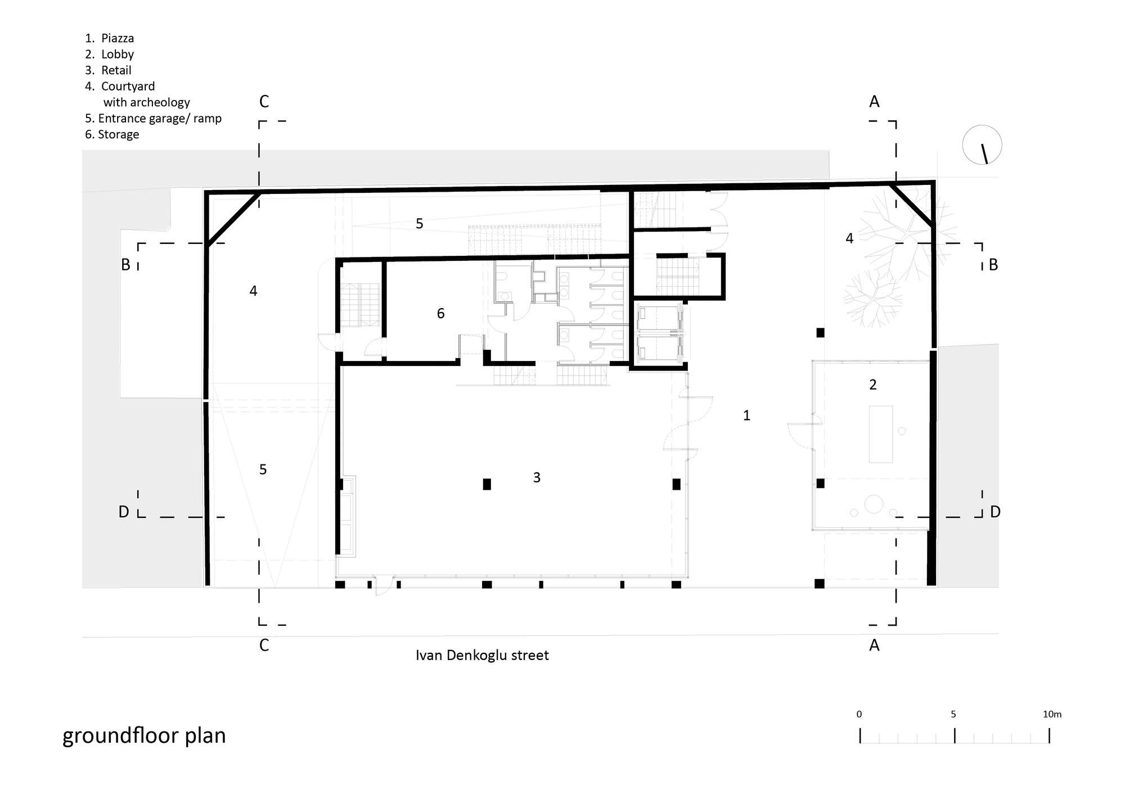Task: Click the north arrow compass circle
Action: pos(982,144)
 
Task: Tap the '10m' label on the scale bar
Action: pos(1052,715)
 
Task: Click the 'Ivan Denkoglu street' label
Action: pos(482,656)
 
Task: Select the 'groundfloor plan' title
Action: pos(144,735)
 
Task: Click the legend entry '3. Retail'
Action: pos(109,70)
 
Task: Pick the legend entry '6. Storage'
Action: pos(112,134)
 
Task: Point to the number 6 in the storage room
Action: pos(440,313)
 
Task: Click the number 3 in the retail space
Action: pos(537,477)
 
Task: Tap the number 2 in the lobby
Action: pos(873,385)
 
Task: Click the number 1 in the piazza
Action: pos(746,415)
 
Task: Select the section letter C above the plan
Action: pos(264,102)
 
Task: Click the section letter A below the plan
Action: pos(874,645)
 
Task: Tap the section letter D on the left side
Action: pos(124,512)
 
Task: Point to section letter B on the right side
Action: pos(993,265)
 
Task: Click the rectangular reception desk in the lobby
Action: pos(880,434)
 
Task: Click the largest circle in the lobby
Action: pos(874,504)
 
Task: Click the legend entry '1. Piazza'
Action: pos(110,38)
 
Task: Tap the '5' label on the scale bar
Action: pos(953,715)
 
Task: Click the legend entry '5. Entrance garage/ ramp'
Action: pos(153,119)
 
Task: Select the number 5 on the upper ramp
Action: pos(419,224)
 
